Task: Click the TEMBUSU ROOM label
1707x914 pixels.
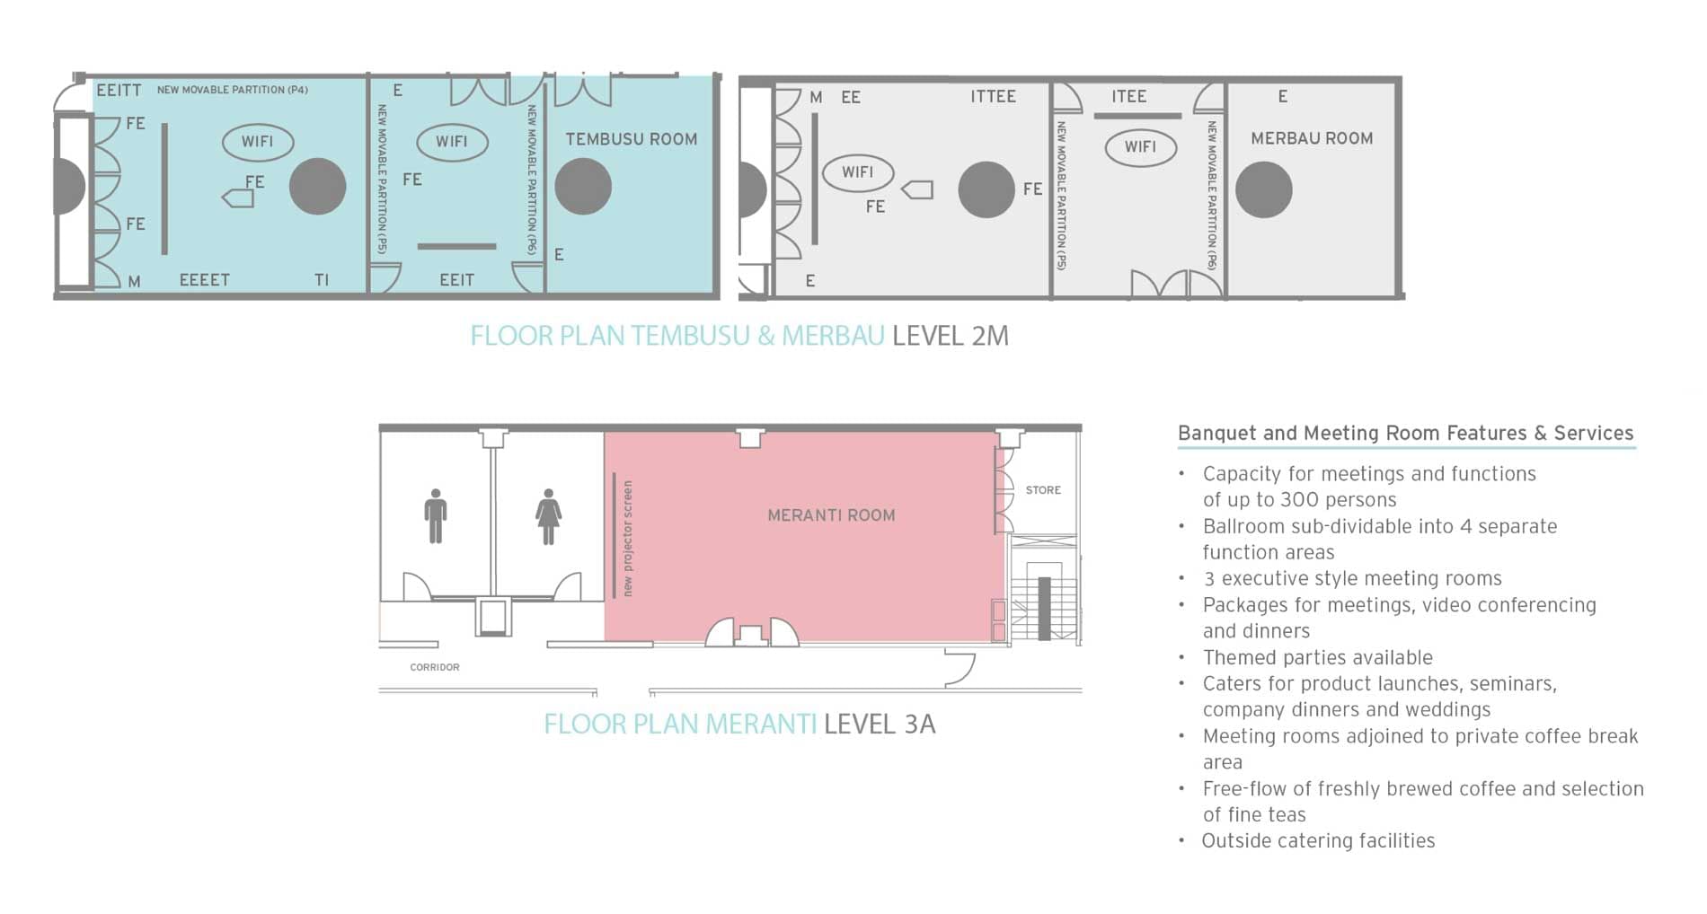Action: click(x=631, y=139)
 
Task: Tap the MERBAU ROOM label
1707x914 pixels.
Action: click(x=1311, y=138)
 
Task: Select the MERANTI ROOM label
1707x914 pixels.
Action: click(x=831, y=515)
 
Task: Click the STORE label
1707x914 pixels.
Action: click(x=1043, y=490)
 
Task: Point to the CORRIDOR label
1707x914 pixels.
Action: click(x=435, y=667)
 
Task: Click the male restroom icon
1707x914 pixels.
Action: click(x=436, y=516)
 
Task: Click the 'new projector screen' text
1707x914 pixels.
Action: click(x=627, y=538)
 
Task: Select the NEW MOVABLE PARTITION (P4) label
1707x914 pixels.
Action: click(x=232, y=90)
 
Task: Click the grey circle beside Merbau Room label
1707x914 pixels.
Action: click(x=1263, y=189)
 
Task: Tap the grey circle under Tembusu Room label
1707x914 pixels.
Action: click(x=583, y=187)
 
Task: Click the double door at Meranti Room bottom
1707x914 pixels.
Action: click(x=751, y=632)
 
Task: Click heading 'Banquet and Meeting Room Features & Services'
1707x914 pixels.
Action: click(x=1405, y=433)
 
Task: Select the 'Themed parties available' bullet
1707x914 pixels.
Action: click(x=1317, y=657)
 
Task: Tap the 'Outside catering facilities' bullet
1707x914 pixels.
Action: click(x=1318, y=840)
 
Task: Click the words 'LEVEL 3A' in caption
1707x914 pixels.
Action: click(x=880, y=724)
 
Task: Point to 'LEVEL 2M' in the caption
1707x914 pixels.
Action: click(x=951, y=336)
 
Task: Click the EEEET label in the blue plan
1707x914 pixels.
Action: click(x=204, y=280)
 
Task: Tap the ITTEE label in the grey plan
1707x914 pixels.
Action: click(x=993, y=96)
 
